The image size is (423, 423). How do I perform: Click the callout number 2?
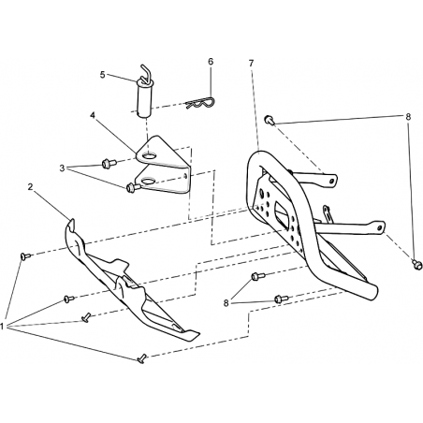30,187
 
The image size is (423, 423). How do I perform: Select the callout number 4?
93,115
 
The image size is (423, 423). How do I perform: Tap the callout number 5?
102,75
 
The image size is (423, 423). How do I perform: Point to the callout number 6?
211,62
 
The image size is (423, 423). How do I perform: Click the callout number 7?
252,63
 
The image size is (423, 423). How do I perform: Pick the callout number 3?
62,168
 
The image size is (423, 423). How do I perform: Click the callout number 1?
2,327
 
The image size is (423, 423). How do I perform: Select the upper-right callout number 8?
408,117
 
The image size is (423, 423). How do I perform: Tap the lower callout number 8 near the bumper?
226,303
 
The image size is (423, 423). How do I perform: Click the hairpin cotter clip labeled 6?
200,103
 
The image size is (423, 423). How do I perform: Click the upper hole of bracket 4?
150,155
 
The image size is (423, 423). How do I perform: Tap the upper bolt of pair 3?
109,163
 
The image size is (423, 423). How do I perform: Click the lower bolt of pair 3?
133,187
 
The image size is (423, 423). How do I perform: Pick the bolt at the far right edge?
416,264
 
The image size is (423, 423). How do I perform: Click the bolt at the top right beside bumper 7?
270,120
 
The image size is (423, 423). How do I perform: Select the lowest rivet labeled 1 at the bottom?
141,358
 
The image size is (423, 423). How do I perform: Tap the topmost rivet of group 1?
25,256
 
